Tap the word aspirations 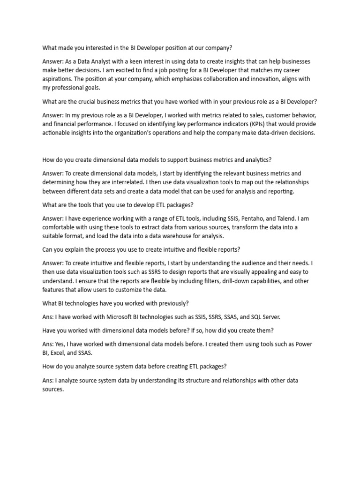[60, 79]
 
